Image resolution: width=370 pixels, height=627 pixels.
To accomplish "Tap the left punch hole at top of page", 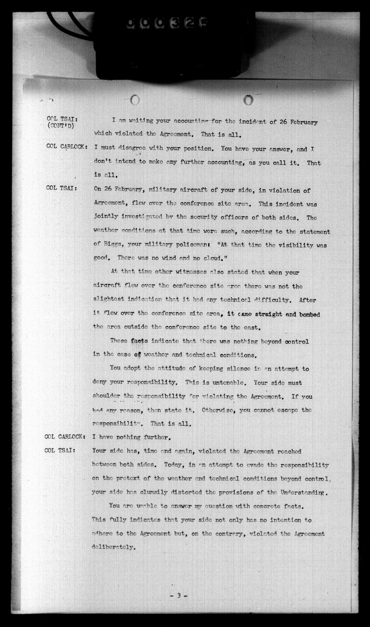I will [x=135, y=100].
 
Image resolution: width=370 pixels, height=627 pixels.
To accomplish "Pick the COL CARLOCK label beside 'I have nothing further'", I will [x=65, y=437].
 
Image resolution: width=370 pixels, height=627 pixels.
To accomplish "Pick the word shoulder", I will [x=106, y=396].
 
